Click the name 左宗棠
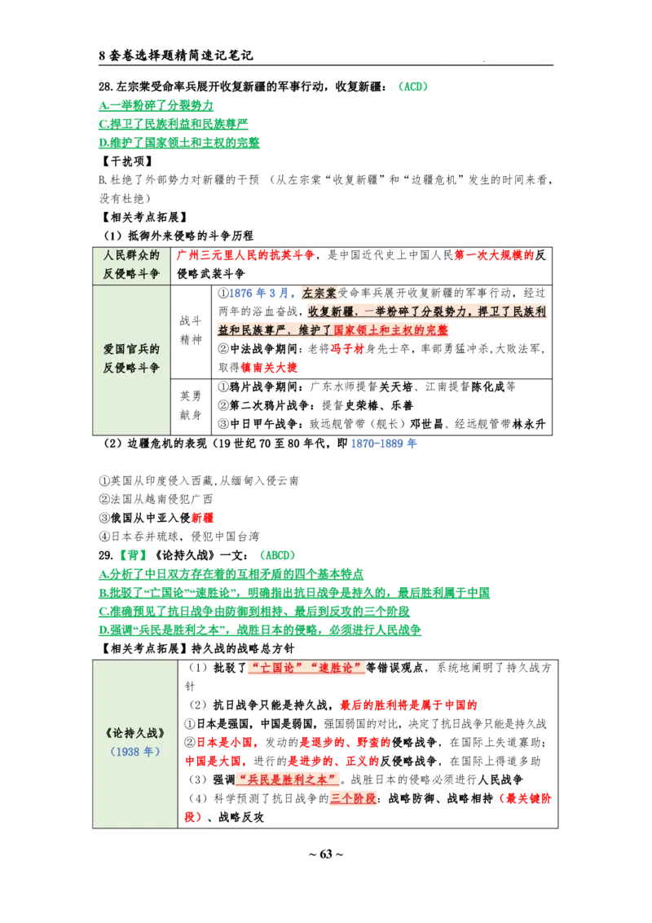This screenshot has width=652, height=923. coord(320,293)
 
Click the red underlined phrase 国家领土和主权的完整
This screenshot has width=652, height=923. coord(391,330)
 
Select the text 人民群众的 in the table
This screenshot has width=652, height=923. coord(131,255)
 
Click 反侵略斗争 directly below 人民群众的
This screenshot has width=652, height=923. coord(131,274)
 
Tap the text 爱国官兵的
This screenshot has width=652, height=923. coord(131,349)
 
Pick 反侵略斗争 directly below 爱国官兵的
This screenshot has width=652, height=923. coord(131,368)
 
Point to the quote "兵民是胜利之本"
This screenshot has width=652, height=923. coord(288,779)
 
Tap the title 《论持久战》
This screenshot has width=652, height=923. coord(135,733)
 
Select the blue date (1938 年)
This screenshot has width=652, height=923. coord(135,752)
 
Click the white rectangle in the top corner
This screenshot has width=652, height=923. coord(505,49)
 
